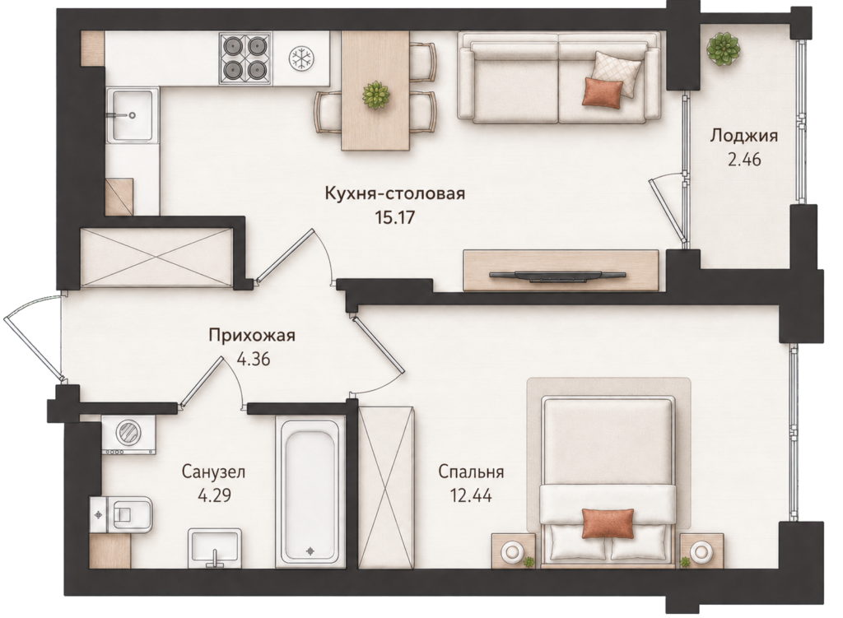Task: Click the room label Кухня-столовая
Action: tap(394, 193)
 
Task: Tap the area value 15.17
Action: tap(395, 217)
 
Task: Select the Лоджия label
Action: tap(744, 136)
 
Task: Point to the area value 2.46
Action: tap(744, 160)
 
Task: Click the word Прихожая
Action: tap(252, 336)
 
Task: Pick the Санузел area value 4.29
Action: tap(215, 495)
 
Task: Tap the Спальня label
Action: tap(471, 472)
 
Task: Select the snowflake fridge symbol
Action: tap(301, 58)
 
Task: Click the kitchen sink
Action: tap(133, 115)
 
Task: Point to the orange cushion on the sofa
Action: tap(603, 91)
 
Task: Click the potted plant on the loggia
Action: tap(722, 48)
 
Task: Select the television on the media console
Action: tap(557, 276)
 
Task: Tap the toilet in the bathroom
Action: tap(122, 513)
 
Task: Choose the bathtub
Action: tap(310, 491)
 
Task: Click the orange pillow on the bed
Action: tap(608, 523)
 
